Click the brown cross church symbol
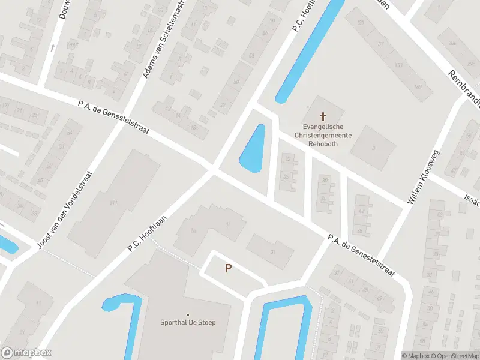[323, 116]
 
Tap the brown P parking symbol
[228, 268]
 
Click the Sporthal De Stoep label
[188, 322]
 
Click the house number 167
[418, 87]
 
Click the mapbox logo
[26, 353]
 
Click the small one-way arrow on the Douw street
[53, 47]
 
